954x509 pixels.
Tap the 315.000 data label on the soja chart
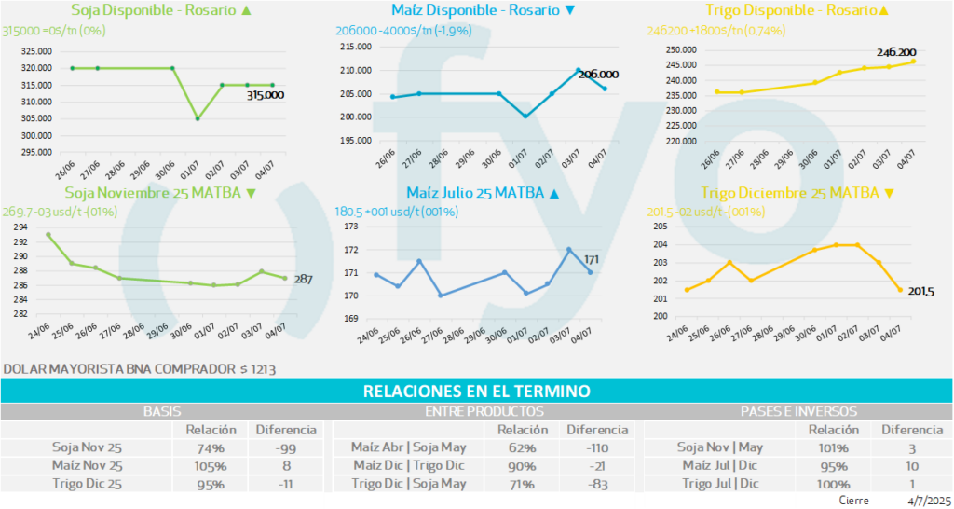[266, 94]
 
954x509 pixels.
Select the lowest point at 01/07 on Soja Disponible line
[197, 118]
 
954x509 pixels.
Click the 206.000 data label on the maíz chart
[599, 75]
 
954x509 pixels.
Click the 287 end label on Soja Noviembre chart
[304, 278]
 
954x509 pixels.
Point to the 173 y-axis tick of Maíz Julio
[352, 227]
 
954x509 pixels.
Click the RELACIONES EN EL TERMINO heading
[476, 392]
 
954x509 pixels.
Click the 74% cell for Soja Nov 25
[211, 447]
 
